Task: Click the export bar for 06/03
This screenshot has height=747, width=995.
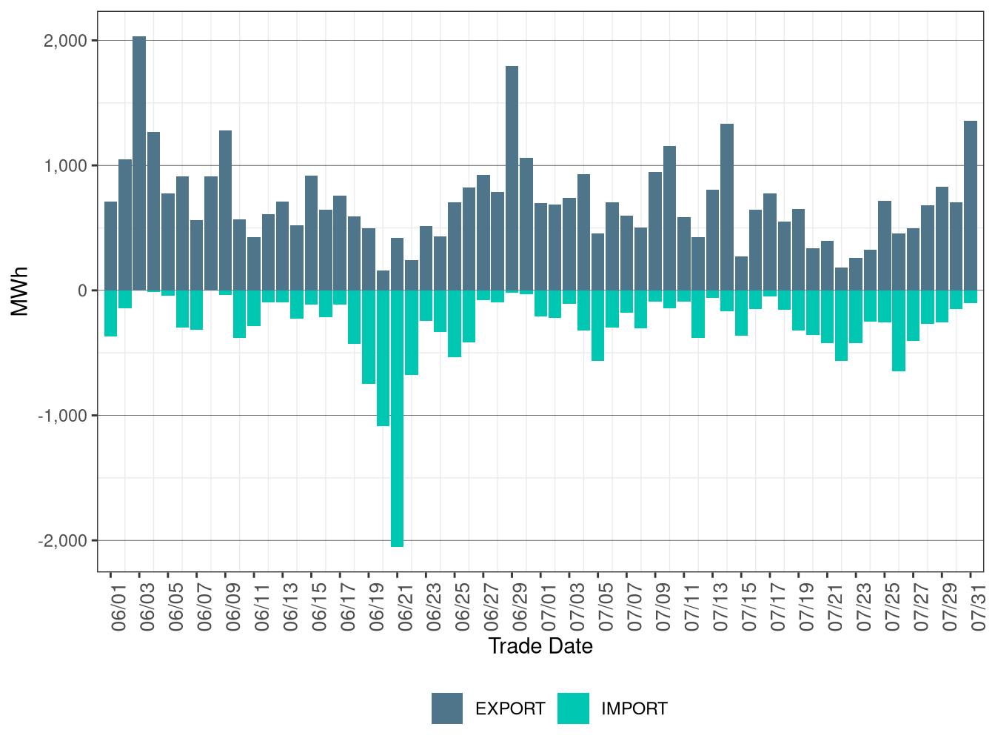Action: (139, 163)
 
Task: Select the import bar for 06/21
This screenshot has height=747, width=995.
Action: (398, 419)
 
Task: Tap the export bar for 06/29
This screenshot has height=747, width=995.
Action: (512, 178)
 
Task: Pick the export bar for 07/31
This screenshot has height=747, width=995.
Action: (971, 205)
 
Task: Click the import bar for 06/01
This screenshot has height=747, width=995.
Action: (110, 313)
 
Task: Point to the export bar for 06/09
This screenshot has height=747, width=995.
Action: (225, 210)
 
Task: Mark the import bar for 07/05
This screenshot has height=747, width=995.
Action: (598, 325)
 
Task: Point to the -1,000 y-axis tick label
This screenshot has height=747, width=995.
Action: (63, 416)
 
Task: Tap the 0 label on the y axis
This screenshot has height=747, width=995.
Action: (82, 290)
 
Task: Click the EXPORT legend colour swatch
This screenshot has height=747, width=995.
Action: (447, 708)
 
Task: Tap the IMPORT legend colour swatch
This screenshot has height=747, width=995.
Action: (573, 708)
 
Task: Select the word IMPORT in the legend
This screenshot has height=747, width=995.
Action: (634, 709)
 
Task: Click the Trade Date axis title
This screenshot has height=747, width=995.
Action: (540, 646)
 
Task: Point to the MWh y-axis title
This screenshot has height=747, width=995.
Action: (20, 290)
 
